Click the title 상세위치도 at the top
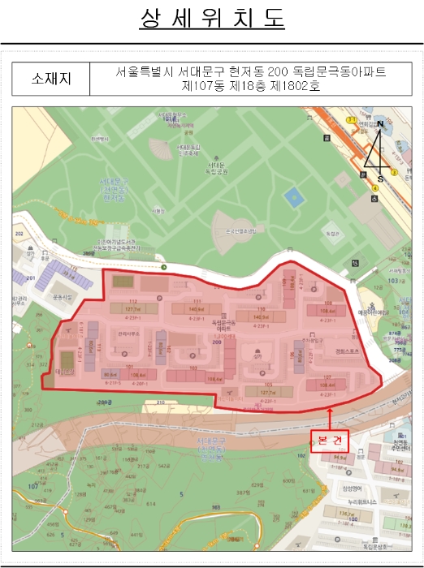tap(212, 19)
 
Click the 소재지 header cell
tap(50, 79)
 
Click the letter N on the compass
tap(379, 123)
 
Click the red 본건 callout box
tap(331, 438)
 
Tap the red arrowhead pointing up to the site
tap(331, 411)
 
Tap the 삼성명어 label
tap(352, 487)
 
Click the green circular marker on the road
tap(163, 267)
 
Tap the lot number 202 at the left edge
tap(19, 234)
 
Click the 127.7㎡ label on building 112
tap(132, 309)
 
